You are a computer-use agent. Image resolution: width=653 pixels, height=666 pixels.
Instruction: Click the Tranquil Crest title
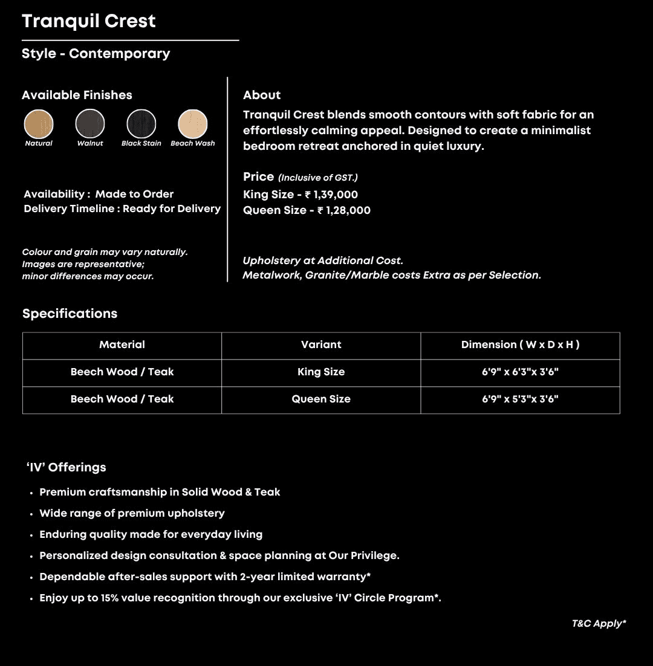pos(89,21)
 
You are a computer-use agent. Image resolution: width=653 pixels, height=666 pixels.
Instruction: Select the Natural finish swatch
pos(39,124)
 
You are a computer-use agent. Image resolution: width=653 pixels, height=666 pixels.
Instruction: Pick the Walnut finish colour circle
pos(90,124)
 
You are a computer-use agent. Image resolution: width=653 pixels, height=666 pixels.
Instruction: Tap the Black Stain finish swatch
pos(141,124)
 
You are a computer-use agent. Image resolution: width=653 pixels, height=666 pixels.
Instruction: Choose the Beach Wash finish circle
pos(193,124)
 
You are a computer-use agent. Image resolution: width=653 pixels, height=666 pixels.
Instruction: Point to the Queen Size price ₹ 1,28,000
pos(344,210)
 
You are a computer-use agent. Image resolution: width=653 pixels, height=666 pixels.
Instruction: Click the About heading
pos(262,95)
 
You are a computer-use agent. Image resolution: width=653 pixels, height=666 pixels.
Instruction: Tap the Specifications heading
pos(70,314)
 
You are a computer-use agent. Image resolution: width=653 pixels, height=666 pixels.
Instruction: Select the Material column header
pos(122,344)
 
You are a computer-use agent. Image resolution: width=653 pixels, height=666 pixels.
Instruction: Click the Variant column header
pos(321,344)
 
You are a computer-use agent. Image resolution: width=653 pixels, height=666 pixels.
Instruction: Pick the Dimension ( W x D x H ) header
pos(520,344)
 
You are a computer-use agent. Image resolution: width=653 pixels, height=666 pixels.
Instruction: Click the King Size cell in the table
pos(321,372)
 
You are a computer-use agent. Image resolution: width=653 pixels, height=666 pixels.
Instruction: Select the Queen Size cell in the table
pos(321,399)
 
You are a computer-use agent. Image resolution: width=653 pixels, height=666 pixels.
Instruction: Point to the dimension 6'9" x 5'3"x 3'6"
pos(520,399)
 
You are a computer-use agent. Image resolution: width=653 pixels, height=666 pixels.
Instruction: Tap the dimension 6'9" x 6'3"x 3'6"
pos(520,372)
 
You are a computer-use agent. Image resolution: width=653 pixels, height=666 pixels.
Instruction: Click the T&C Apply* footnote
pos(599,624)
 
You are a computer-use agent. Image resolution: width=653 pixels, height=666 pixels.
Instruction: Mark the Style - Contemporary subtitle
pos(96,53)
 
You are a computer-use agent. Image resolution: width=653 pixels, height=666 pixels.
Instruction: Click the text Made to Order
pos(134,194)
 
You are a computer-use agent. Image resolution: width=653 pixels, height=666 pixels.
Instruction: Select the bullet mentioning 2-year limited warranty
pos(205,577)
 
